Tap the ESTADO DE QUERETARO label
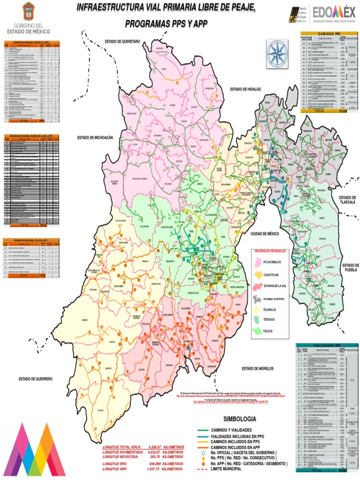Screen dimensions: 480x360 tap(122, 42)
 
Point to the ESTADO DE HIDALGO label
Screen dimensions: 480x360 tap(245, 89)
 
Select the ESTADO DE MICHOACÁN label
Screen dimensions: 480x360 tap(96, 138)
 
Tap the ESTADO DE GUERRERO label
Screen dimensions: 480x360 tap(36, 378)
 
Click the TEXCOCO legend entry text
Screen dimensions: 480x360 tap(271, 319)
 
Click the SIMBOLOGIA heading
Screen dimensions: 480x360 tap(240, 419)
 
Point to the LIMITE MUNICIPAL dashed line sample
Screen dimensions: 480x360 tap(202, 469)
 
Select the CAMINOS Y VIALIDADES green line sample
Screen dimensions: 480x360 tap(202, 430)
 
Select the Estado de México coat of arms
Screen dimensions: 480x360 tap(29, 10)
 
